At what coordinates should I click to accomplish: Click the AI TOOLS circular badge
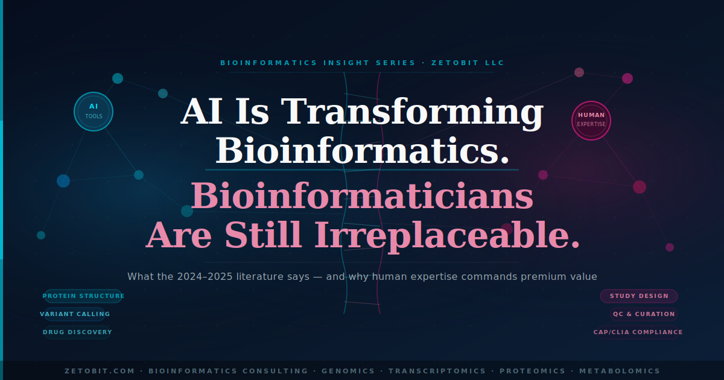coord(94,111)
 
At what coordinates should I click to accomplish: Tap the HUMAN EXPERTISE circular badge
coord(591,120)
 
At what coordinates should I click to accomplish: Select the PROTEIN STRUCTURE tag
coord(83,296)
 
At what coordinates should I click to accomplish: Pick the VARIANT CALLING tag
coord(75,314)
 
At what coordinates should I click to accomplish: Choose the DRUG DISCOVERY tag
coord(77,332)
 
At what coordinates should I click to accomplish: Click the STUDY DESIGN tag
coord(639,296)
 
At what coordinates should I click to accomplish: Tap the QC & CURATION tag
coord(644,314)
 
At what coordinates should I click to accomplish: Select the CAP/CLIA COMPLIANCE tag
coord(638,332)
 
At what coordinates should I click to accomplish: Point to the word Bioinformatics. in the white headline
coord(363,151)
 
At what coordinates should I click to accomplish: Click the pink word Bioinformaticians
coord(362,197)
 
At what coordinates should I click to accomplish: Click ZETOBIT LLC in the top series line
coord(468,63)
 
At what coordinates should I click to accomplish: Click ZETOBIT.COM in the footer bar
coord(100,371)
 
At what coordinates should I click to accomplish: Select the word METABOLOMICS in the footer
coord(620,371)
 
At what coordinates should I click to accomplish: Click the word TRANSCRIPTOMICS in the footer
coord(437,371)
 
